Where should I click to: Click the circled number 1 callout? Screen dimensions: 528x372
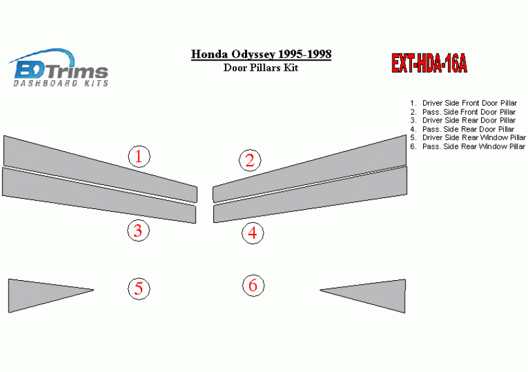pyautogui.click(x=139, y=156)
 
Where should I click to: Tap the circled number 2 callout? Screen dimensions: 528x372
pyautogui.click(x=250, y=160)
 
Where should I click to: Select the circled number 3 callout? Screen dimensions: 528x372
pyautogui.click(x=138, y=231)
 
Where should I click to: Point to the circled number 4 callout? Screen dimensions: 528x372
pyautogui.click(x=252, y=233)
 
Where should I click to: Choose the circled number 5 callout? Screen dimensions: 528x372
pyautogui.click(x=139, y=289)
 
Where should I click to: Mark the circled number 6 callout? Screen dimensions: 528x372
pyautogui.click(x=253, y=285)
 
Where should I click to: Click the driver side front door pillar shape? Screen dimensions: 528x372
pyautogui.click(x=100, y=169)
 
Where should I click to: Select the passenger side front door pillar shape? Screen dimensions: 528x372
pyautogui.click(x=310, y=169)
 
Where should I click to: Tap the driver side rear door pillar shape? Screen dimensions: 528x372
pyautogui.click(x=99, y=195)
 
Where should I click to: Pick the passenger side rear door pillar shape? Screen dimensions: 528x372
pyautogui.click(x=310, y=195)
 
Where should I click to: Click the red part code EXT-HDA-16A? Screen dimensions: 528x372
pyautogui.click(x=430, y=63)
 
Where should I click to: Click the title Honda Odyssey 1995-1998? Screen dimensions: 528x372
pyautogui.click(x=261, y=54)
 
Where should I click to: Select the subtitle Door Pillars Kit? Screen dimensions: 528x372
pyautogui.click(x=261, y=68)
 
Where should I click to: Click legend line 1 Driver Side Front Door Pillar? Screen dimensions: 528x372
pyautogui.click(x=463, y=103)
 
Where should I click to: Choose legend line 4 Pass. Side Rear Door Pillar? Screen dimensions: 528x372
pyautogui.click(x=462, y=129)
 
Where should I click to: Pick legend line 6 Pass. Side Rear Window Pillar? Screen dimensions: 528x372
pyautogui.click(x=468, y=147)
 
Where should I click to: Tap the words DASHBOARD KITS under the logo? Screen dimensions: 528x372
pyautogui.click(x=61, y=83)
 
